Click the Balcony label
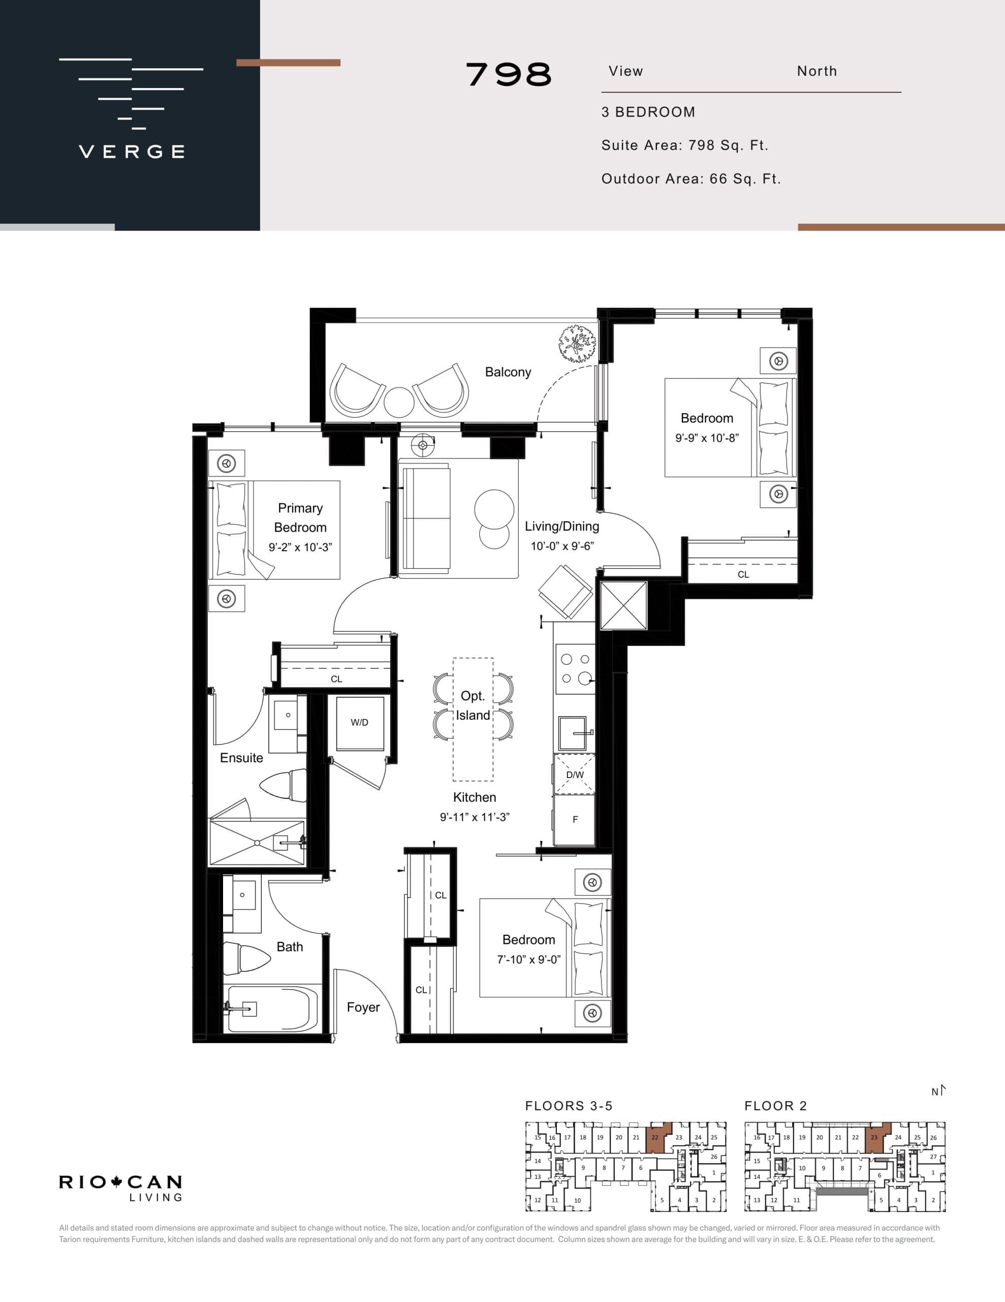(508, 372)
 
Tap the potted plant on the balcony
(577, 344)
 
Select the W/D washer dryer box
(360, 723)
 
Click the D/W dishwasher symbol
(574, 775)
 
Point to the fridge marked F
(574, 820)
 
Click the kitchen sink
(573, 733)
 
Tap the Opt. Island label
(473, 706)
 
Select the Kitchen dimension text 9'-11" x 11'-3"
(474, 817)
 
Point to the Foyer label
(363, 1007)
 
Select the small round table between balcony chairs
(398, 402)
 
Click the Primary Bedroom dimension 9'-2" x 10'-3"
(300, 547)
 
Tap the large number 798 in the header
(508, 75)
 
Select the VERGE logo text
(132, 152)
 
